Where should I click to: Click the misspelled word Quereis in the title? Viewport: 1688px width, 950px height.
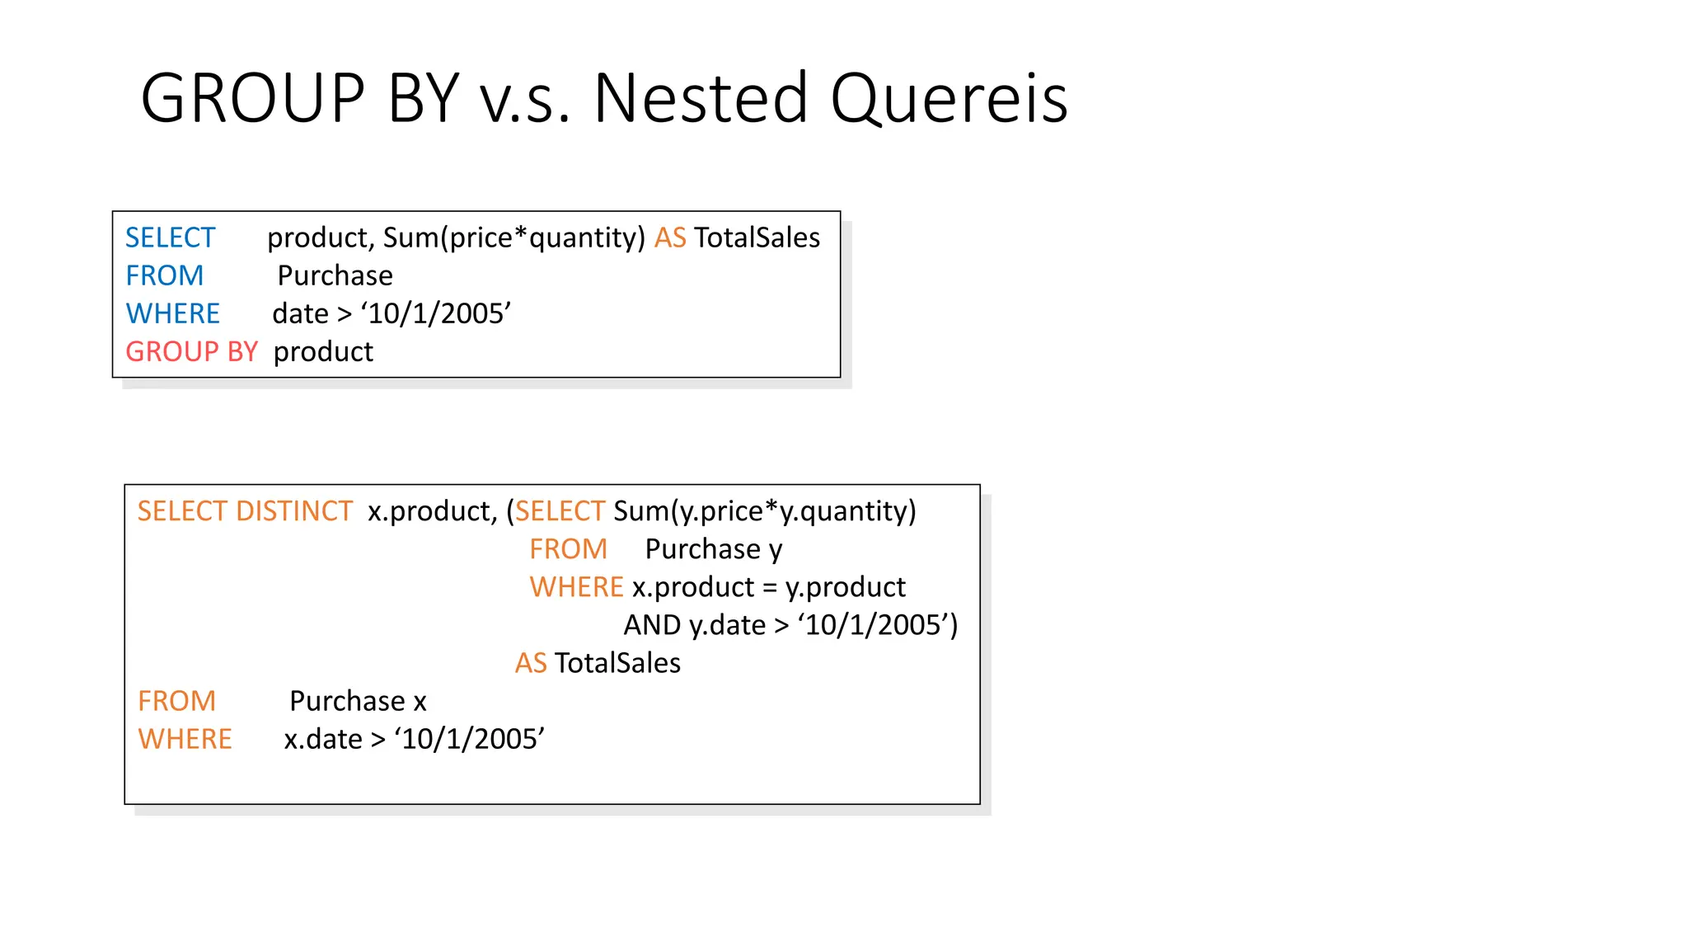tap(949, 99)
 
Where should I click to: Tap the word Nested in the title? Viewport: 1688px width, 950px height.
tap(701, 99)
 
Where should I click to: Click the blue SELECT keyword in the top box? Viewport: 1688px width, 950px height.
tap(170, 237)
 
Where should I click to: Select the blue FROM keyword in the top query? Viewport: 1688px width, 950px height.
tap(164, 275)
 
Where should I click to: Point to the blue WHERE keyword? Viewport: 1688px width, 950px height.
tap(172, 313)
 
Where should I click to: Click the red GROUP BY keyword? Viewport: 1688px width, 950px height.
tap(191, 352)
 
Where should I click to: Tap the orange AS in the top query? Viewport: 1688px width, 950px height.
tap(670, 237)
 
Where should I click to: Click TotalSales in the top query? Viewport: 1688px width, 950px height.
tap(757, 237)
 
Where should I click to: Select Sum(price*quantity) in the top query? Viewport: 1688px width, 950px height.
tap(513, 237)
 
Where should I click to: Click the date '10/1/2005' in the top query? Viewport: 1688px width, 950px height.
tap(436, 313)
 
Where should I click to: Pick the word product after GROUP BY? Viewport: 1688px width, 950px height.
tap(323, 352)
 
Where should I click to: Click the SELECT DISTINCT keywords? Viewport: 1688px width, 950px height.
tap(245, 511)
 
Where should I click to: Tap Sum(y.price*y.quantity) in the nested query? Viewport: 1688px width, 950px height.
tap(764, 511)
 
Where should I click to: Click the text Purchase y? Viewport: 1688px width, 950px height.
tap(714, 549)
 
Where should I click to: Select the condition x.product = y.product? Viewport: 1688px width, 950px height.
tap(768, 587)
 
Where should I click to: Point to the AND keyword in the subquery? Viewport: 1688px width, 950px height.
tap(652, 625)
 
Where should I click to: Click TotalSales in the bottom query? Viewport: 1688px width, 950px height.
tap(617, 663)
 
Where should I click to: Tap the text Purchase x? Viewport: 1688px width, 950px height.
tap(358, 701)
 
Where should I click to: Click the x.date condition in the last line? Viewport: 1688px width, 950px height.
tap(414, 739)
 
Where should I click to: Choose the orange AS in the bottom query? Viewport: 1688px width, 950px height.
tap(531, 663)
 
